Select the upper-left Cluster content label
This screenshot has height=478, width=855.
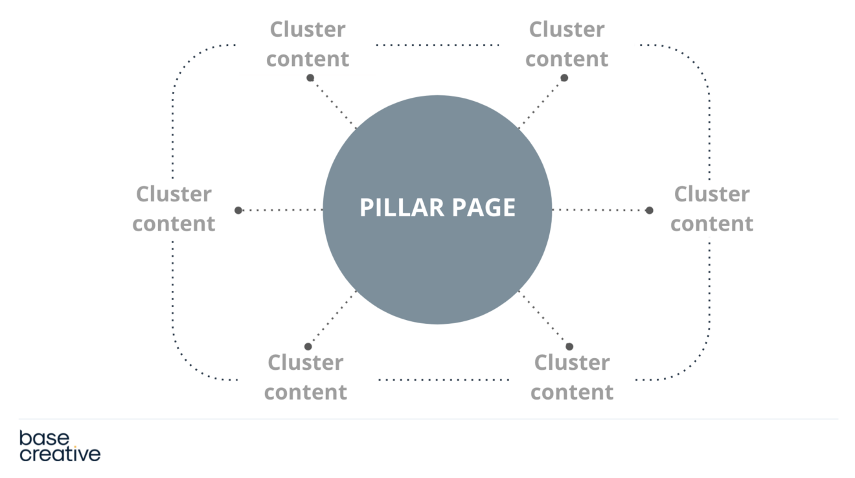pyautogui.click(x=308, y=44)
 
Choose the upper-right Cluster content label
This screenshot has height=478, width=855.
pyautogui.click(x=567, y=44)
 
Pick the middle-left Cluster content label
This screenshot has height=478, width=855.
pyautogui.click(x=174, y=209)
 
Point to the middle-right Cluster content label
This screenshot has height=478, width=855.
pyautogui.click(x=712, y=209)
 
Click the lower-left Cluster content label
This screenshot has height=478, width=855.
pyautogui.click(x=306, y=377)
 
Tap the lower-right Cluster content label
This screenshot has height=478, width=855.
pyautogui.click(x=572, y=377)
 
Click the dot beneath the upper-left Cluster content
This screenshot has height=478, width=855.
pyautogui.click(x=310, y=78)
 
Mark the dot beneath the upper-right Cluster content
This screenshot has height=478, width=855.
pyautogui.click(x=564, y=78)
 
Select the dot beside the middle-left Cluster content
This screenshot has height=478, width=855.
pyautogui.click(x=238, y=210)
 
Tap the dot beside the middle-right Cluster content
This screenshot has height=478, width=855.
pyautogui.click(x=649, y=210)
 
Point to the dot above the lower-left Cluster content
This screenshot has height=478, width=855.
pyautogui.click(x=308, y=347)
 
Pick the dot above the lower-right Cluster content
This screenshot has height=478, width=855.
pyautogui.click(x=569, y=347)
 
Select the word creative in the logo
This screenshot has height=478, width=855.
pyautogui.click(x=60, y=454)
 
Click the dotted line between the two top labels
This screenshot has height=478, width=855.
pyautogui.click(x=437, y=45)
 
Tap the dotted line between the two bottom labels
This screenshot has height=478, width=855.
pyautogui.click(x=444, y=380)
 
